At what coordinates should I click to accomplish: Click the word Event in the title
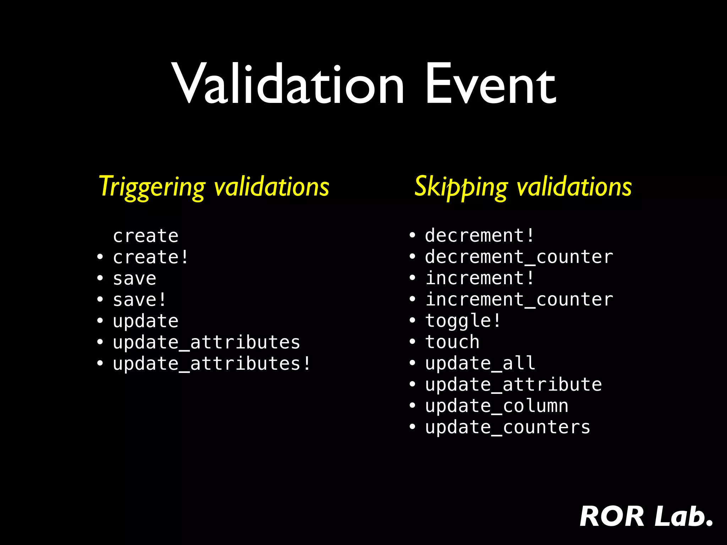[491, 85]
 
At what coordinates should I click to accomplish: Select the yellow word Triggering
[152, 187]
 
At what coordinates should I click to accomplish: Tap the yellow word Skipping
[461, 187]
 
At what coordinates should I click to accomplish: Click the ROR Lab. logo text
[646, 517]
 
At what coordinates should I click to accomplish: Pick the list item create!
[151, 257]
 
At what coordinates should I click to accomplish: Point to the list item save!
[140, 300]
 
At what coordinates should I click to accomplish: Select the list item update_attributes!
[212, 364]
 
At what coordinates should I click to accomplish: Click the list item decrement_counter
[519, 257]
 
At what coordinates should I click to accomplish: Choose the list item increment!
[480, 278]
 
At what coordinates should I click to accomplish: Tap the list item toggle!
[463, 321]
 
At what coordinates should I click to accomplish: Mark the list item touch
[452, 342]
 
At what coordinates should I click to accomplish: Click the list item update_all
[480, 363]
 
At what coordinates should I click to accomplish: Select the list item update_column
[497, 406]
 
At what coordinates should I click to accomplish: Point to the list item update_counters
[508, 427]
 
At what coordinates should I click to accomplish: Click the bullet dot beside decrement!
[412, 236]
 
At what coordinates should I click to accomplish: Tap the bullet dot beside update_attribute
[412, 385]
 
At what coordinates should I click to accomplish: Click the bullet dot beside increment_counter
[412, 299]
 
